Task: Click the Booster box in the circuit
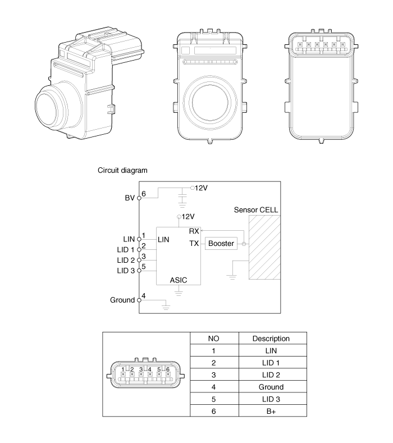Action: (x=221, y=243)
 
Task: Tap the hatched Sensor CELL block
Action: (x=264, y=248)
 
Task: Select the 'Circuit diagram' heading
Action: (x=122, y=170)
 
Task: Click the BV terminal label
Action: (x=130, y=198)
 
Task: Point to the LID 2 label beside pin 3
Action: (x=126, y=260)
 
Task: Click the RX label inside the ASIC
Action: (x=194, y=231)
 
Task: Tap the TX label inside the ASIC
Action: (x=194, y=243)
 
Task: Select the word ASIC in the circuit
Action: (x=179, y=280)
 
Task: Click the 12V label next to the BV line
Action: (x=201, y=188)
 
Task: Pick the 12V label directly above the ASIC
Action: (x=188, y=217)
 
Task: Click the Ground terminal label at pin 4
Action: (x=122, y=300)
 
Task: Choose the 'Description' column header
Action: (x=271, y=339)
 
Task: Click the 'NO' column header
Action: (x=213, y=339)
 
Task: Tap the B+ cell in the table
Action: (x=271, y=412)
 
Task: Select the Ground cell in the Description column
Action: (x=271, y=387)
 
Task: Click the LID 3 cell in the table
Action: (x=271, y=399)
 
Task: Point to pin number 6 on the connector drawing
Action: (x=168, y=369)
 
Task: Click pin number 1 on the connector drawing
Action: (x=123, y=369)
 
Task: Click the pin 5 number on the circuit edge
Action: (x=144, y=267)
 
